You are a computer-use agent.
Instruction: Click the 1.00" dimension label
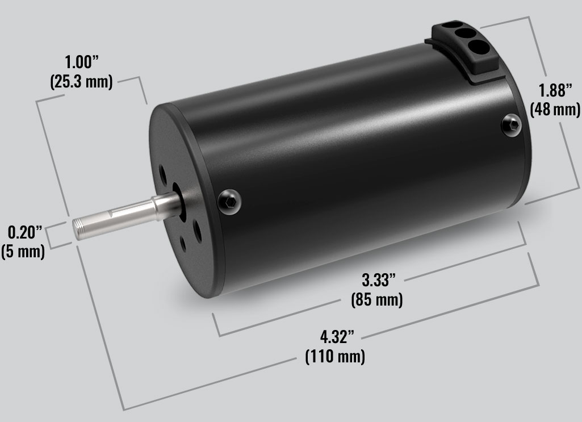pyautogui.click(x=82, y=62)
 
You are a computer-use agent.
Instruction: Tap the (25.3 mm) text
pyautogui.click(x=81, y=81)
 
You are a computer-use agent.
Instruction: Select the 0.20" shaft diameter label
pyautogui.click(x=25, y=232)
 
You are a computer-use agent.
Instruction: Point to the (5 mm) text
pyautogui.click(x=23, y=251)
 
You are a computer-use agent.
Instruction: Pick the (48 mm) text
pyautogui.click(x=555, y=110)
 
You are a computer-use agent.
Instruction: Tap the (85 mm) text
pyautogui.click(x=377, y=299)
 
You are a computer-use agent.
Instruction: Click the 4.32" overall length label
pyautogui.click(x=337, y=337)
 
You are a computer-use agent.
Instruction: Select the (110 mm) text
pyautogui.click(x=335, y=356)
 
